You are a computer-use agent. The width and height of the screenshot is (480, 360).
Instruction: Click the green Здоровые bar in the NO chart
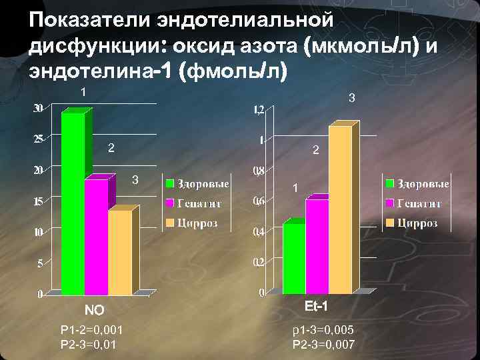(73, 203)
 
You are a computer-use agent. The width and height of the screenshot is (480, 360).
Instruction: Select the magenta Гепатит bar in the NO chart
(96, 237)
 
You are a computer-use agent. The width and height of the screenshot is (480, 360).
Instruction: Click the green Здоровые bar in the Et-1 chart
(294, 258)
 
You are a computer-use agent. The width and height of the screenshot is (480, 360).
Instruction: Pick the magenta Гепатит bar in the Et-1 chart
(317, 247)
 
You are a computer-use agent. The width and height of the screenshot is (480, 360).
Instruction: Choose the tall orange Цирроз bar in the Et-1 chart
(339, 210)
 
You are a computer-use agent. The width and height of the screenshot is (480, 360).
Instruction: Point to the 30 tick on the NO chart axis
(39, 109)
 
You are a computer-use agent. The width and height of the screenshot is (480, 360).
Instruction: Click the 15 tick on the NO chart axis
(39, 201)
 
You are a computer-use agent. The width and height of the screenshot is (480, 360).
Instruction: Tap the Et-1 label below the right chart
(315, 307)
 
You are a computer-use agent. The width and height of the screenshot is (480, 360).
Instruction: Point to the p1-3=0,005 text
(323, 330)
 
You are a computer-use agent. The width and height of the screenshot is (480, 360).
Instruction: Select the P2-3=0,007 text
(323, 345)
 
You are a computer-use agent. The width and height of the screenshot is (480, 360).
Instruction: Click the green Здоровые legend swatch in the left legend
(171, 183)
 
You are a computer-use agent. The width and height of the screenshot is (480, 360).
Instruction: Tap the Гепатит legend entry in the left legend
(199, 203)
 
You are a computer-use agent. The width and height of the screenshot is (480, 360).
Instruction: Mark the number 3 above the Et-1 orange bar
(353, 99)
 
